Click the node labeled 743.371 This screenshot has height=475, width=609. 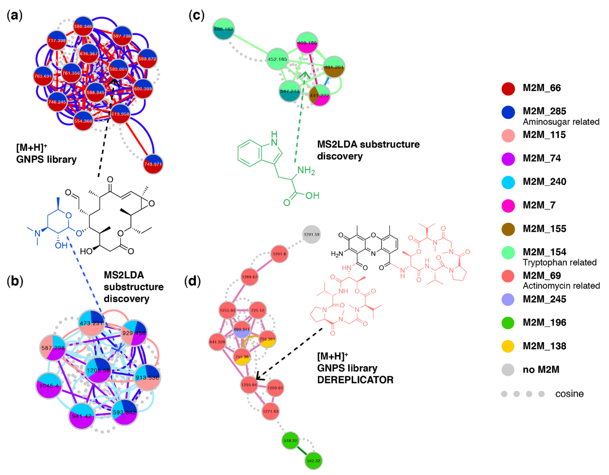pos(153,164)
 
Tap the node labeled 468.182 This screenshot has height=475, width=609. pos(223,29)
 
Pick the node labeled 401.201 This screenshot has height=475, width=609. pos(334,67)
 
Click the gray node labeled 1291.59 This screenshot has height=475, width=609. pos(312,234)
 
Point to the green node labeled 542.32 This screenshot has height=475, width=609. pos(313,461)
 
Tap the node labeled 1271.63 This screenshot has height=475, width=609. pos(271,411)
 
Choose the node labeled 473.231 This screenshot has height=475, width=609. pos(91,323)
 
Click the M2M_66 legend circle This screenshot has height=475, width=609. pos(508,89)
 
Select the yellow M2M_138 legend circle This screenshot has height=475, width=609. pos(508,346)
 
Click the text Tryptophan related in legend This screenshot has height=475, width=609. pos(559,262)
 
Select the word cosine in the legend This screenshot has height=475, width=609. pos(569,394)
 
